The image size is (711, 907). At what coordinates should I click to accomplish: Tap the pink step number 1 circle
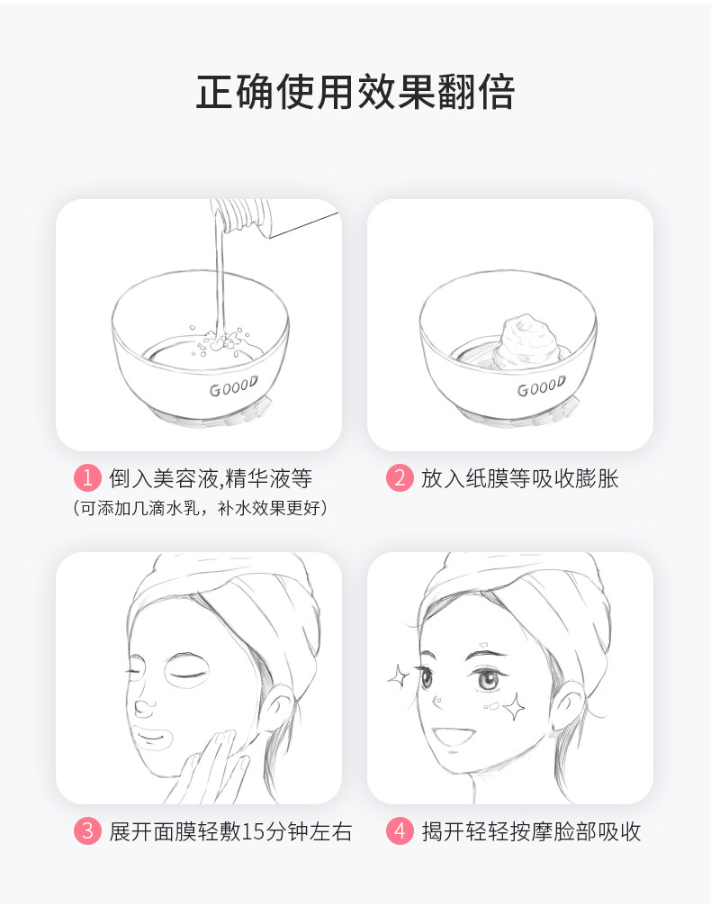coord(88,478)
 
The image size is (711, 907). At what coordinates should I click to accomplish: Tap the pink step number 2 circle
coord(400,478)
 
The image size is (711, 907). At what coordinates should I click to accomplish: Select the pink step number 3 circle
coord(88,831)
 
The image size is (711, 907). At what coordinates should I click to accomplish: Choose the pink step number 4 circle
coord(400,831)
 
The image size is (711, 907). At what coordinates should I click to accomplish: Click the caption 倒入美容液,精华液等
coord(211,479)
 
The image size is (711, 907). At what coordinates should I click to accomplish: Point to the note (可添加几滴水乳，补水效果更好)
coord(200,508)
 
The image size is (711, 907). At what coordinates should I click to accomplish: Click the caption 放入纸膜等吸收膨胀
coord(520,479)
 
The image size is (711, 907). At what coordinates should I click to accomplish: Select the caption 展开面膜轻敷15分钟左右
coord(230,832)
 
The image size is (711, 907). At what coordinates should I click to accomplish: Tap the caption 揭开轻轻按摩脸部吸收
coord(531,832)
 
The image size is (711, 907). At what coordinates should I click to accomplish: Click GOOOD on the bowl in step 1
coord(233,386)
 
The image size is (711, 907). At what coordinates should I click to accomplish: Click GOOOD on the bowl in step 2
coord(541,386)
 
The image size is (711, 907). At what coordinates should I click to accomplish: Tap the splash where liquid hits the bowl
coord(220,340)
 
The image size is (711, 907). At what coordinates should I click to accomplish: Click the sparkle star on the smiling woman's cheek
coord(513,707)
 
